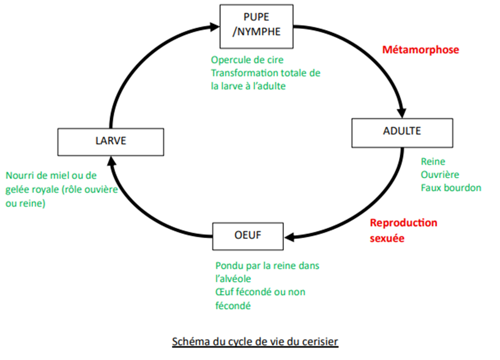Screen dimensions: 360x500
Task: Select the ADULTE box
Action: click(402, 132)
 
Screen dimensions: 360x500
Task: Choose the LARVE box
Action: click(111, 141)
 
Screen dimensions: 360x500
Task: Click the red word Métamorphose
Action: click(420, 50)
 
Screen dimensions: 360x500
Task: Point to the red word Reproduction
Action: click(403, 223)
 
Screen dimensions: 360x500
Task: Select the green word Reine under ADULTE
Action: click(433, 162)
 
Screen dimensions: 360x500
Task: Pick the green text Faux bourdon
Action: click(451, 187)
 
